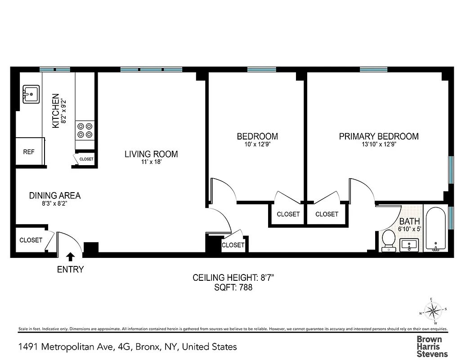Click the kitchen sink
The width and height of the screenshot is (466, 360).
click(x=31, y=94)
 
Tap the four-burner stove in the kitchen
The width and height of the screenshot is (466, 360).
click(x=85, y=130)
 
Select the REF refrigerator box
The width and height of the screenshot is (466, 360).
click(x=29, y=152)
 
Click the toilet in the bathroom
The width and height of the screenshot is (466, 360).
click(x=388, y=240)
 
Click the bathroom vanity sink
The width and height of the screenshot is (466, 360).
click(x=409, y=245)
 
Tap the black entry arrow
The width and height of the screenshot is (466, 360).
click(x=70, y=257)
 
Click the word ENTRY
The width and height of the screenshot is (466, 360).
click(x=70, y=270)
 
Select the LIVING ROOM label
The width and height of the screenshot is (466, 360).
click(x=151, y=154)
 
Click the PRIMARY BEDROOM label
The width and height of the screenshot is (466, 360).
click(x=379, y=136)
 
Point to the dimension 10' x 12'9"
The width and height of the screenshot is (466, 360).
click(x=257, y=145)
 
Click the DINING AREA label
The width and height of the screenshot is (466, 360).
click(x=55, y=195)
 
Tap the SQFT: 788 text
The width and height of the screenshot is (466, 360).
click(x=233, y=288)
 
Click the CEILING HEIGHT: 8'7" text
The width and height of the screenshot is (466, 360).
click(x=233, y=278)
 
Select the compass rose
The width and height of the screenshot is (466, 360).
click(x=433, y=310)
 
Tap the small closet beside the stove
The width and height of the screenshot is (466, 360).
click(x=85, y=159)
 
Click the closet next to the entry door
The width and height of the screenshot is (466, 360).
click(x=31, y=240)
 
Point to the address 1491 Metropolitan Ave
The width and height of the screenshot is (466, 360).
click(x=127, y=347)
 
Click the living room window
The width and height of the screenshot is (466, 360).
click(x=151, y=70)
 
